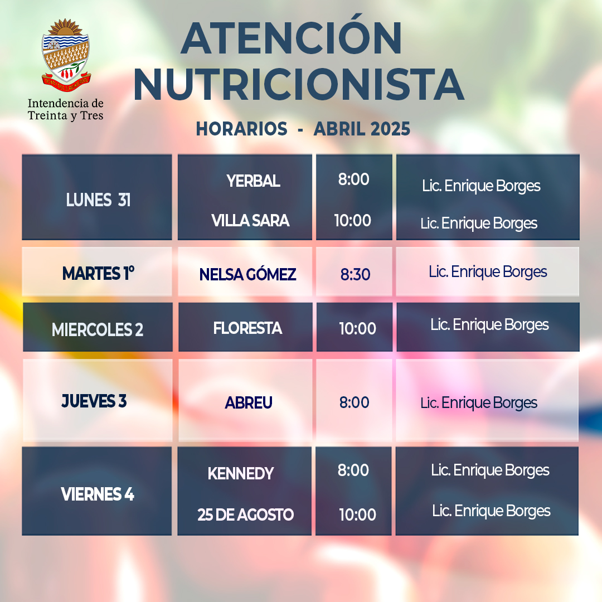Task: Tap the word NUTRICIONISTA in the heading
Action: pos(299,85)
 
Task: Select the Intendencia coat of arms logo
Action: pos(66,55)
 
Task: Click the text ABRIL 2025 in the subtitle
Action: pos(362,129)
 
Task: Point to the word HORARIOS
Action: pos(241,129)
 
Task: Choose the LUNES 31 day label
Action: pos(98,200)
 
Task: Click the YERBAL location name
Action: pos(253,181)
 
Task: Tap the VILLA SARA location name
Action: pos(250,220)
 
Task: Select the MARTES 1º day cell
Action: pos(97,271)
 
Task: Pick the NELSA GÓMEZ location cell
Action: pos(245,271)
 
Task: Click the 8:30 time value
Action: pos(355,274)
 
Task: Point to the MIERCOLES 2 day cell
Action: pos(98,327)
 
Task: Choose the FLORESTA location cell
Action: pos(245,327)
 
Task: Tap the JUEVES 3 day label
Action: pos(94,401)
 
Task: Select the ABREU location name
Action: pos(249,403)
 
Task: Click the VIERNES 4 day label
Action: pos(98,494)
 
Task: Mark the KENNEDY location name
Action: pos(241,473)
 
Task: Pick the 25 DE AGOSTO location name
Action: pos(246,514)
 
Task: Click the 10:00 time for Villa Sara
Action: pos(352,220)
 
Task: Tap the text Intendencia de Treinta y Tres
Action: pos(66,109)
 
